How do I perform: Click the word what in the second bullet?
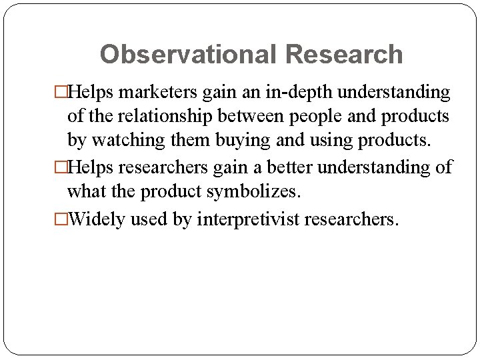point(85,192)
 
